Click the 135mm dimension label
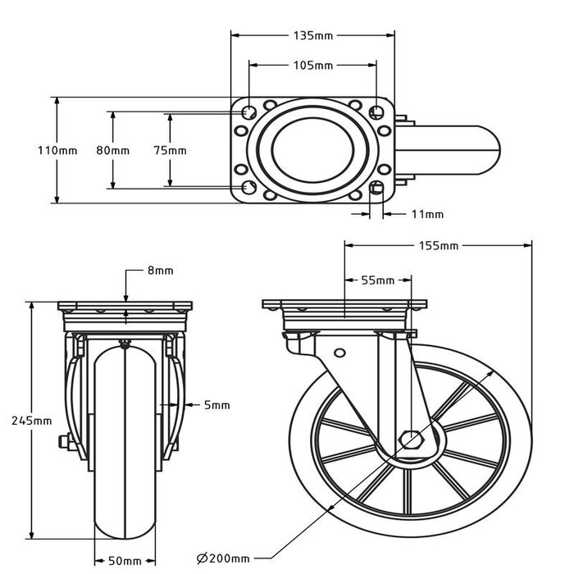click(x=312, y=35)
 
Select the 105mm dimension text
click(x=312, y=65)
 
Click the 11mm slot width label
click(x=426, y=215)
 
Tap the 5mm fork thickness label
click(x=217, y=404)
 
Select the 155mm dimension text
click(x=438, y=245)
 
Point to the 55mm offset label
click(x=376, y=280)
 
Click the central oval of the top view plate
click(x=312, y=151)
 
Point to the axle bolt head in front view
click(x=62, y=445)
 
